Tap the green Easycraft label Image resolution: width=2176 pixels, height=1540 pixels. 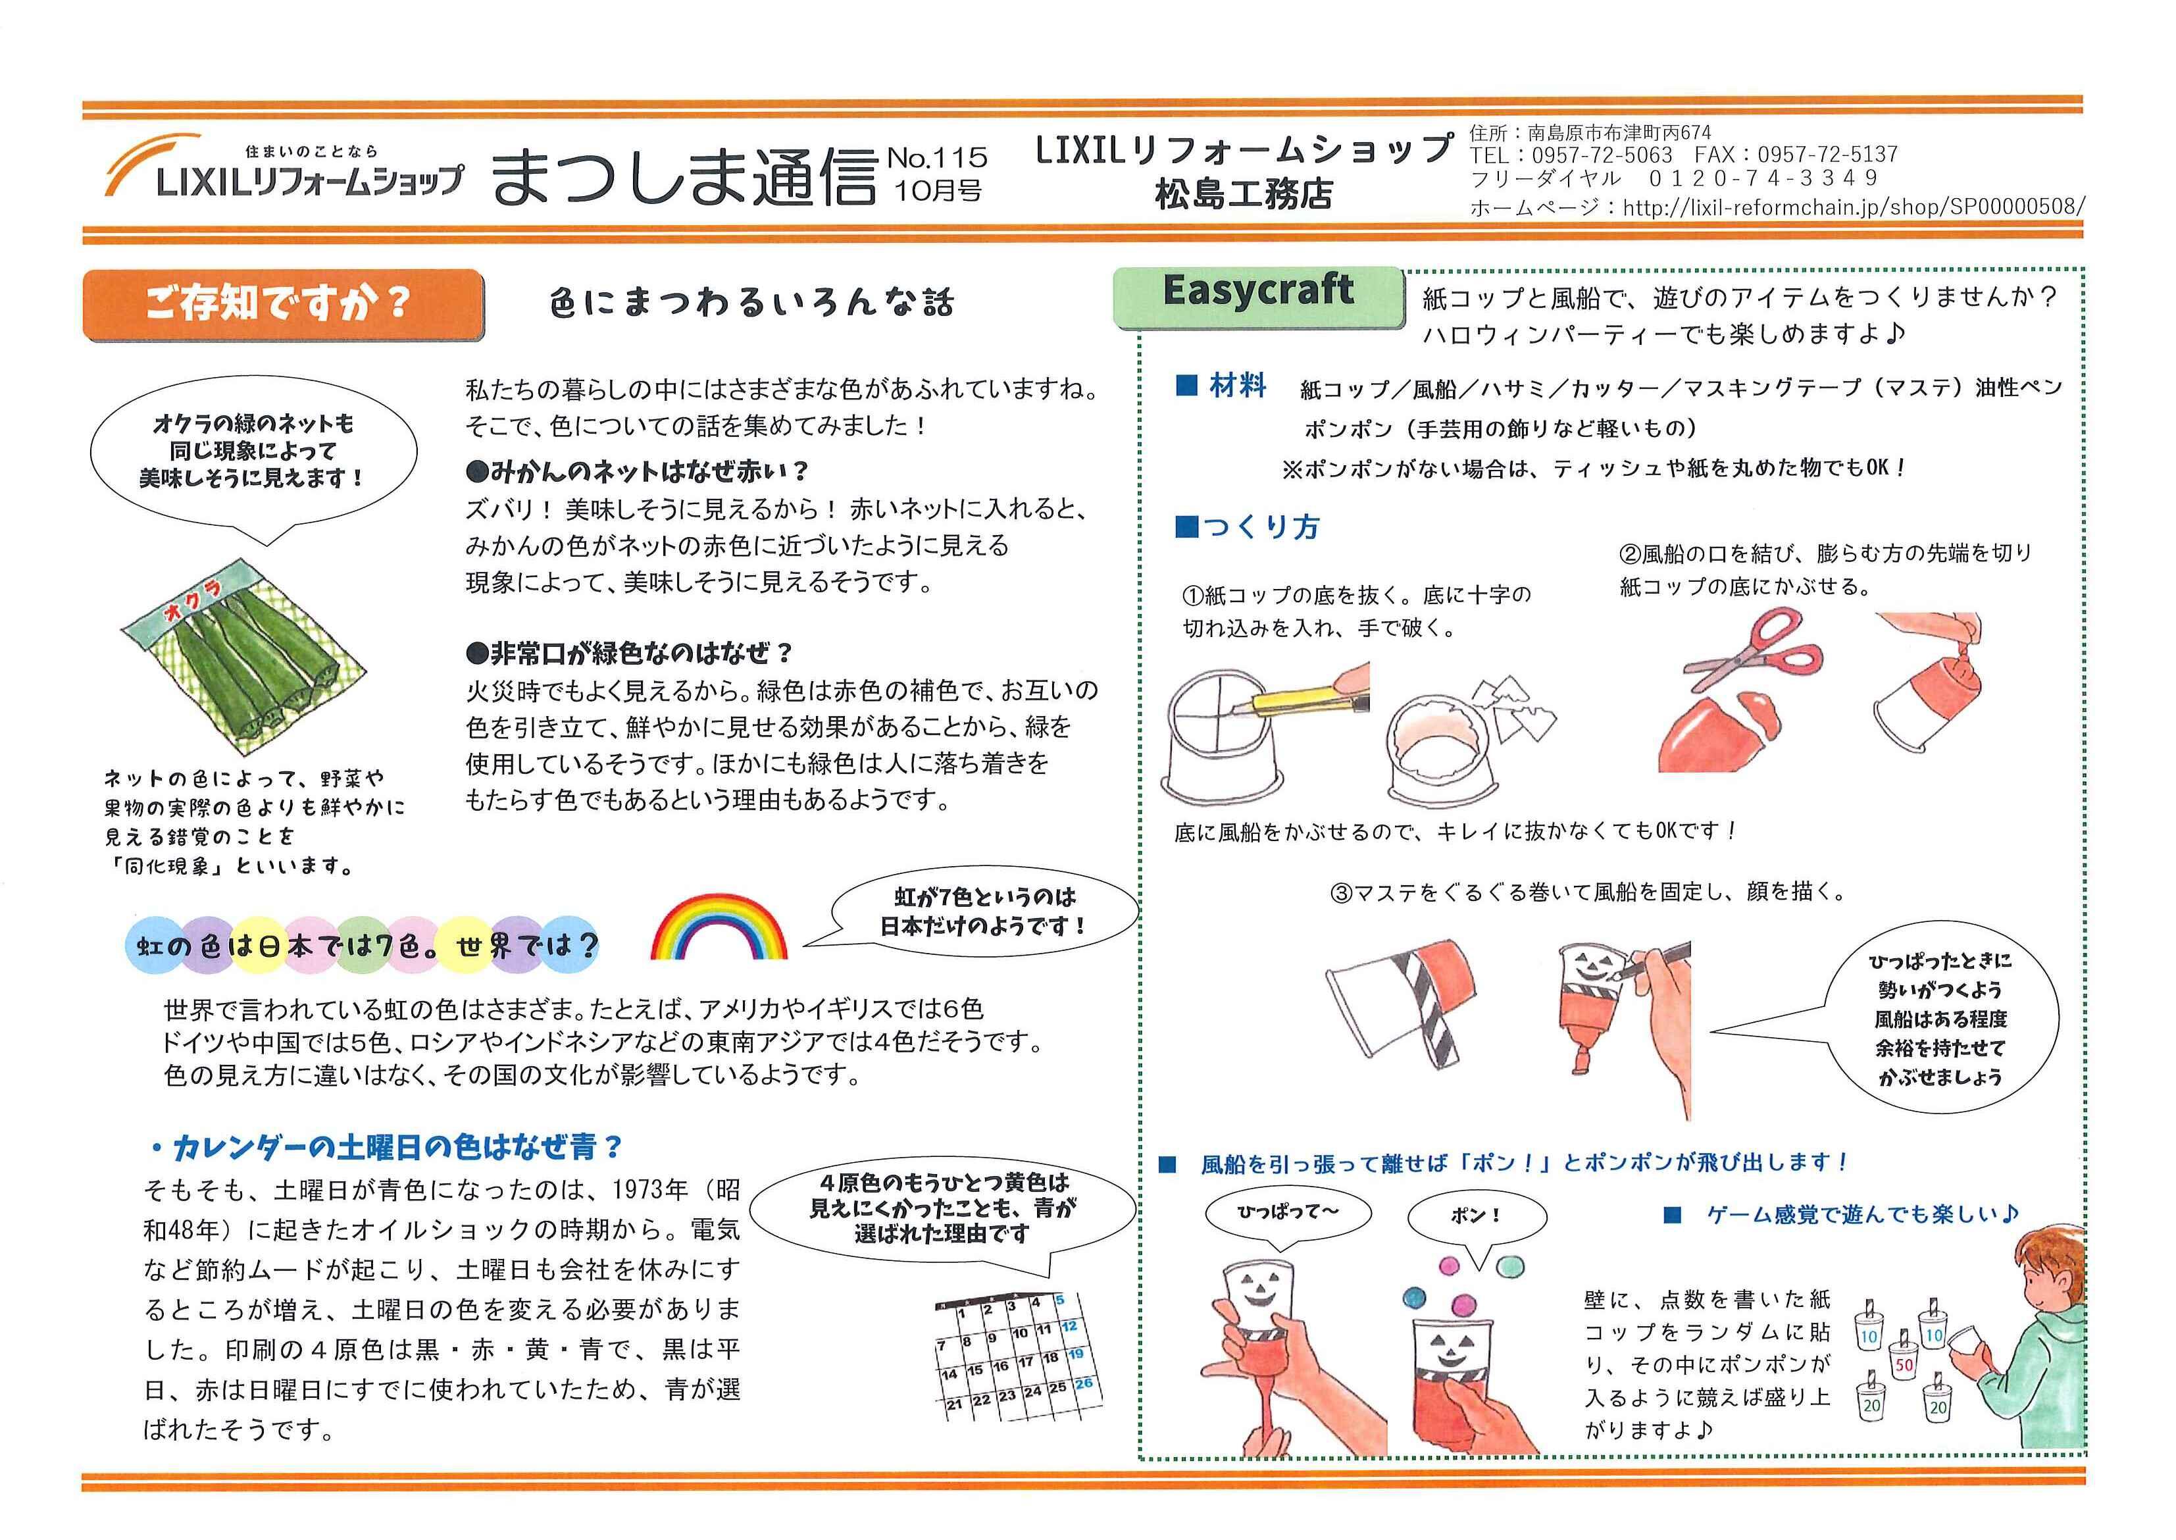click(x=1257, y=294)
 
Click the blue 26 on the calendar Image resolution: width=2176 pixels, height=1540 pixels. click(x=1083, y=1383)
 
